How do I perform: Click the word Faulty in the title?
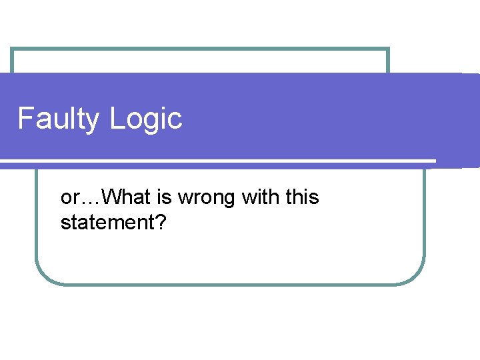(x=59, y=119)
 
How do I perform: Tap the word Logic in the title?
(x=145, y=119)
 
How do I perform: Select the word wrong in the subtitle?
(x=207, y=198)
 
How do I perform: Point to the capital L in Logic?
(x=115, y=119)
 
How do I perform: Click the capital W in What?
(x=116, y=197)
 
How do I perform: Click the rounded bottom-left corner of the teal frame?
(x=41, y=277)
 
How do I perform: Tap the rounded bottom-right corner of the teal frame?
(x=418, y=277)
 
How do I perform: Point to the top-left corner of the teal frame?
(x=12, y=49)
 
